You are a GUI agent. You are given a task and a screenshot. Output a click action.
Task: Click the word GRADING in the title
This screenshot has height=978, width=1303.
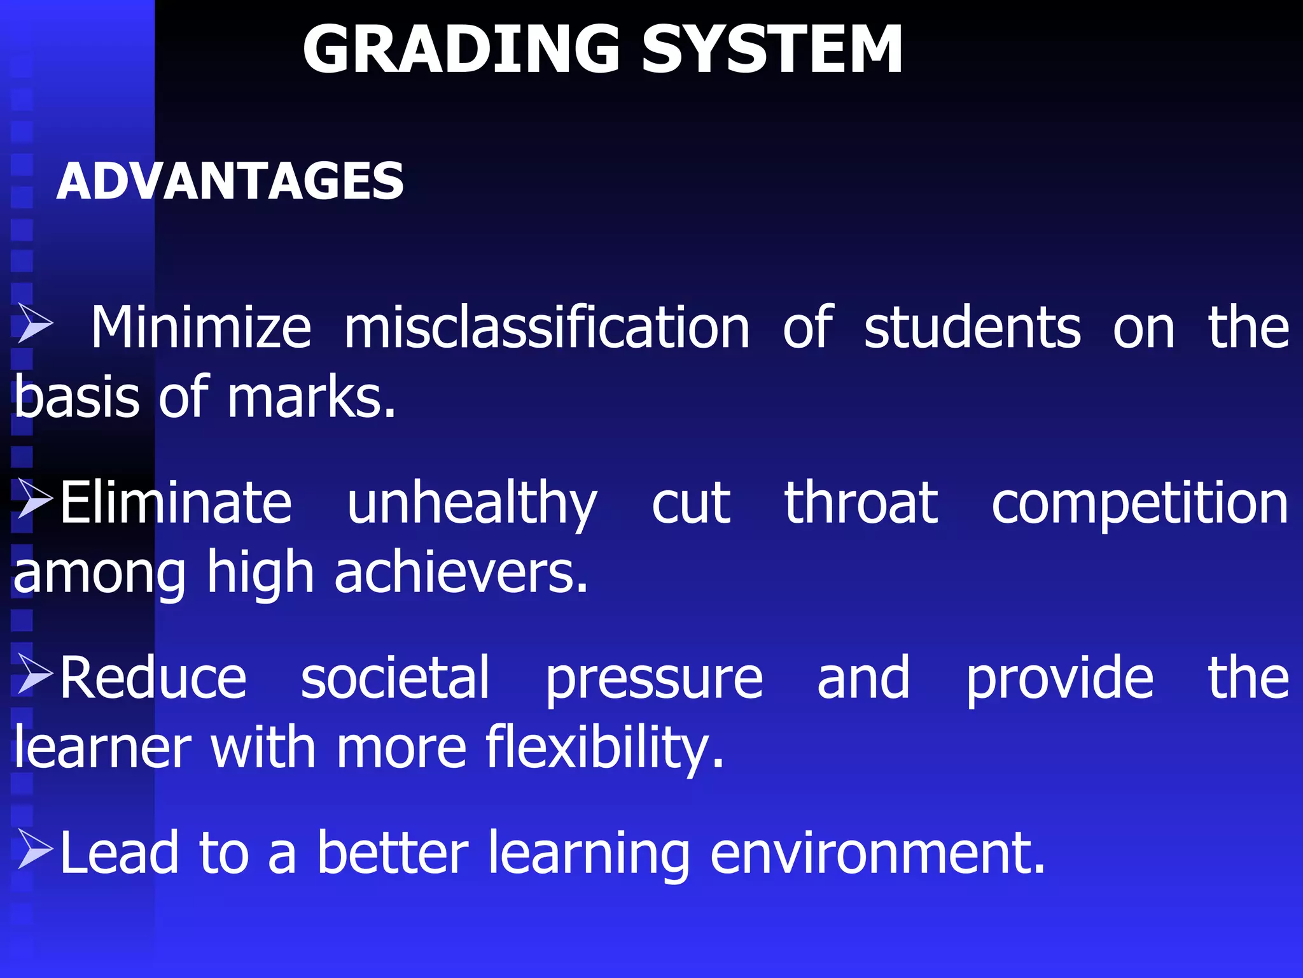(461, 50)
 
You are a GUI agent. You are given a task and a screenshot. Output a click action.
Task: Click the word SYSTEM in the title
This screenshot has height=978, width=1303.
(771, 50)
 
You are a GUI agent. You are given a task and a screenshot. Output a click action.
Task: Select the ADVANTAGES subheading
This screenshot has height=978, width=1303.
(230, 181)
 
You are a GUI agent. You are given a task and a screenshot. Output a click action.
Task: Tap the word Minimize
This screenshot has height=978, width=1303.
(201, 327)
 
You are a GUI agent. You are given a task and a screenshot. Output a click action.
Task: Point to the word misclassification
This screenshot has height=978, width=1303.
(547, 327)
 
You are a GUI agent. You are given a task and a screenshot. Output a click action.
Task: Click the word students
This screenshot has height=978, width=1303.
(972, 327)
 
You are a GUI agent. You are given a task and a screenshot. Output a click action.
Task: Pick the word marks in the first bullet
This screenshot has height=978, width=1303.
(311, 398)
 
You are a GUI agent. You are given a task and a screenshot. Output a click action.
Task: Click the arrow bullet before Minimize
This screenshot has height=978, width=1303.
(35, 323)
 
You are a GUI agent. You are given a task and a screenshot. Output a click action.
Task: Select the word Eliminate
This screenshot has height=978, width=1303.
(176, 503)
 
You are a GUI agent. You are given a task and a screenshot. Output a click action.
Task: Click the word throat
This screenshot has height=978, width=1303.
(860, 503)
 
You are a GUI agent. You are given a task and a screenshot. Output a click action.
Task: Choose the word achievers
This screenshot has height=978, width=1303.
(461, 572)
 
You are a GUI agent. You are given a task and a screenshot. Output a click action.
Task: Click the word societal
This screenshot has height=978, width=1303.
(394, 678)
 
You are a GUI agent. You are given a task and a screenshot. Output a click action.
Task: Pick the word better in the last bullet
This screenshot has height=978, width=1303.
(392, 853)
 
